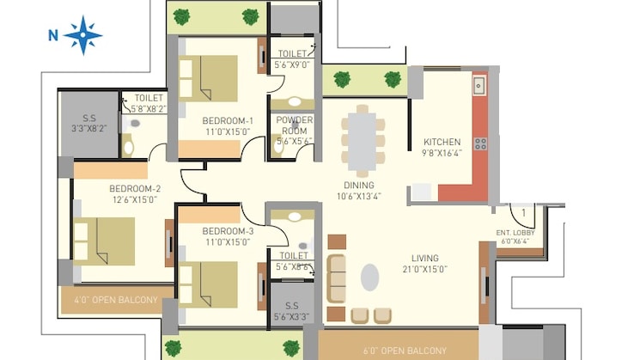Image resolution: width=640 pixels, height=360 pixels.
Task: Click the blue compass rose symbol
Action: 82,35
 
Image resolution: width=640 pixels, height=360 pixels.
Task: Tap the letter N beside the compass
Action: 52,35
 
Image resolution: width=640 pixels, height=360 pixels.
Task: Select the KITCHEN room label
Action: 442,142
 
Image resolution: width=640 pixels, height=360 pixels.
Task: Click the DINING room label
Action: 358,185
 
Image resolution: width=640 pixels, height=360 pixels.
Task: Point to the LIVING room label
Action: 424,258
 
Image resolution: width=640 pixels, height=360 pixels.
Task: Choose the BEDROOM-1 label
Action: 228,119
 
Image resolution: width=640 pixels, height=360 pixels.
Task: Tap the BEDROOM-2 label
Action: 135,189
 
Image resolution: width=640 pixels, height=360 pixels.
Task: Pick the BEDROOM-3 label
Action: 228,231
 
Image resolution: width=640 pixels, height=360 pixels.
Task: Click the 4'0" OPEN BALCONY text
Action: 115,300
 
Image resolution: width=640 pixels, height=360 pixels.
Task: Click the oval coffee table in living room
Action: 369,277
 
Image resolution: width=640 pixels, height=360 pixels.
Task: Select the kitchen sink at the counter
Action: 478,85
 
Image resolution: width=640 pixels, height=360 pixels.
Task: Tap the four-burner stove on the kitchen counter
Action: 479,143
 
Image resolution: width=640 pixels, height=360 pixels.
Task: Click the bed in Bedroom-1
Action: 208,79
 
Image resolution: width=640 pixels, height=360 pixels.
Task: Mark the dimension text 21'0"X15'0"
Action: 424,270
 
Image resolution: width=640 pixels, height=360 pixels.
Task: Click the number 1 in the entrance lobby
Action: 523,211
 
